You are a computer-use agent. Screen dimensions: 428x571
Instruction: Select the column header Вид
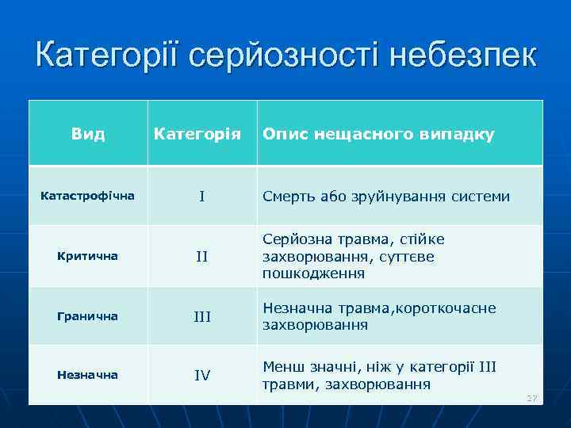tap(88, 134)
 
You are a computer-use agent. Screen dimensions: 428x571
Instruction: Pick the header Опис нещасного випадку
tap(378, 134)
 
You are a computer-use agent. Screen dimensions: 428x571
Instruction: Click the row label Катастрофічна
tap(88, 195)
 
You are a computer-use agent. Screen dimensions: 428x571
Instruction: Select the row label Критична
tap(88, 256)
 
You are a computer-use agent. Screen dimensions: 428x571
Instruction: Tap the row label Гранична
tap(88, 316)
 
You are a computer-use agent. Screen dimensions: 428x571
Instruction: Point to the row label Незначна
tap(88, 375)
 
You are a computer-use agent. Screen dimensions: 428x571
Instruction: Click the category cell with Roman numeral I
tap(202, 196)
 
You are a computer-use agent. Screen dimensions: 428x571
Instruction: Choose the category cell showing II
tap(202, 257)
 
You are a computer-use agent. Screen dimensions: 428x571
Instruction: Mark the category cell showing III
tap(202, 317)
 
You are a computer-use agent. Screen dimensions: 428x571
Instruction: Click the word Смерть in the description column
tap(287, 196)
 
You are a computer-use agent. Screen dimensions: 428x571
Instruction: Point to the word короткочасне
tap(451, 308)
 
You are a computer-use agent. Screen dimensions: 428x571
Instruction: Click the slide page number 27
tap(531, 397)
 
